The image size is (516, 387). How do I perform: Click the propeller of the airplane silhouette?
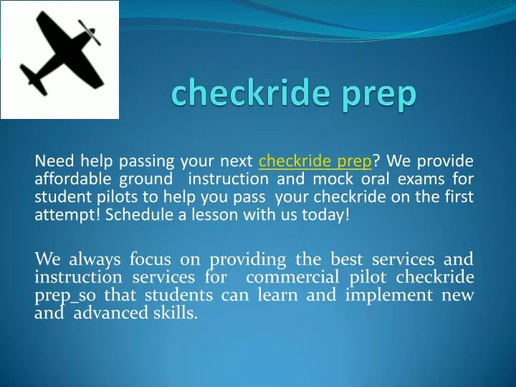pyautogui.click(x=90, y=32)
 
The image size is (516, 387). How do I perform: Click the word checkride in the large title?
pyautogui.click(x=251, y=92)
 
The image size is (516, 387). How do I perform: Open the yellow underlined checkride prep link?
pyautogui.click(x=315, y=161)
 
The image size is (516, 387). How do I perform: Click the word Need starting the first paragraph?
pyautogui.click(x=54, y=161)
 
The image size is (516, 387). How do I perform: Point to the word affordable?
pyautogui.click(x=72, y=178)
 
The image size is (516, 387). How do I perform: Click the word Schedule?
pyautogui.click(x=139, y=214)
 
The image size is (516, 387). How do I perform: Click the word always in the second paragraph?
pyautogui.click(x=95, y=259)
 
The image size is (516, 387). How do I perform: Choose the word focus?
pyautogui.click(x=150, y=259)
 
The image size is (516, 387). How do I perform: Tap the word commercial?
pyautogui.click(x=292, y=277)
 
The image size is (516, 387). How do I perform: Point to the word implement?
pyautogui.click(x=389, y=295)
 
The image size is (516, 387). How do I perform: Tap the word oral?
pyautogui.click(x=375, y=178)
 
